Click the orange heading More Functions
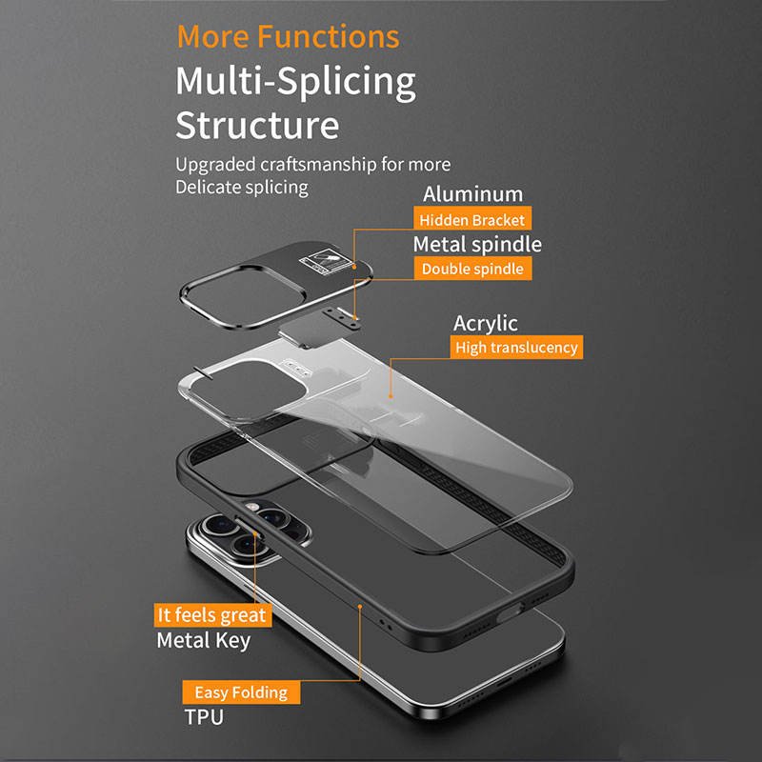288,36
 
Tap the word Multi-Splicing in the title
295,82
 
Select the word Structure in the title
256,125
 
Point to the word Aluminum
472,194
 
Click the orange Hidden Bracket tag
471,220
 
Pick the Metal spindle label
476,244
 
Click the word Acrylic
485,323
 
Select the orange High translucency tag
515,348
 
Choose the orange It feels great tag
211,615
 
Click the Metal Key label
203,639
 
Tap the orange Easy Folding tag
240,692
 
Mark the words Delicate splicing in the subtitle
241,187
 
